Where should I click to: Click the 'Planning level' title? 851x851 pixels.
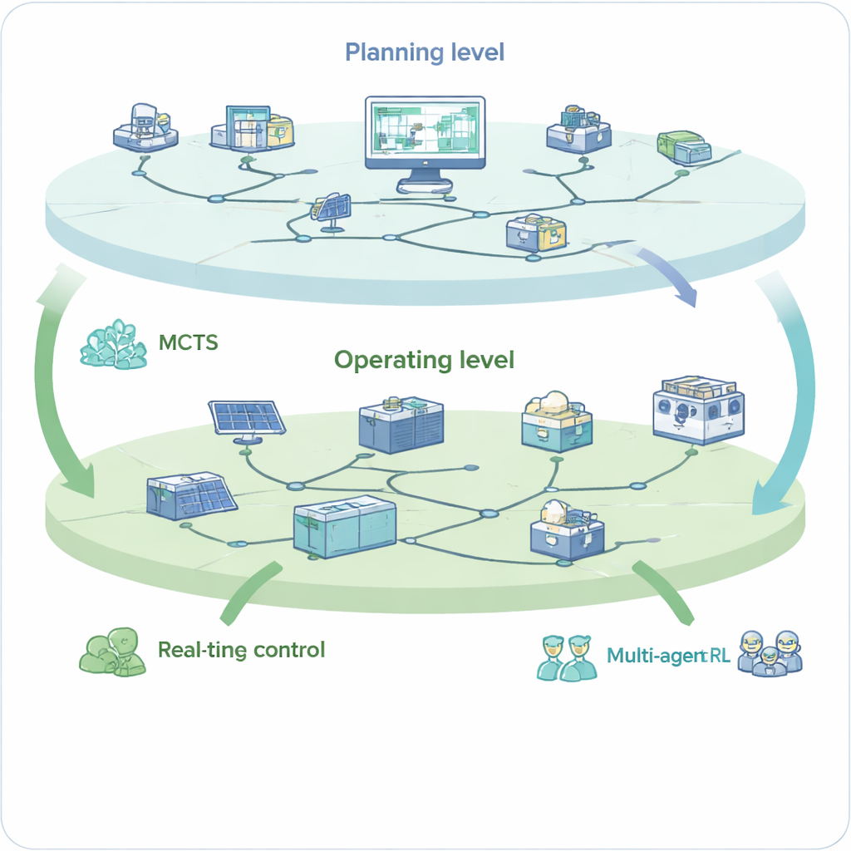tap(424, 52)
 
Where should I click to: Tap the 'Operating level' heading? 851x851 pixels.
tap(424, 360)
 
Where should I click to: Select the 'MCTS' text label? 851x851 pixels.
tap(188, 342)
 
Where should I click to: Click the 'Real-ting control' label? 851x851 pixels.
tap(241, 649)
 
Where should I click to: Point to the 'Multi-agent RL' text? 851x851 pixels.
tap(668, 655)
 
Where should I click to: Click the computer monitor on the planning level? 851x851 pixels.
tap(425, 133)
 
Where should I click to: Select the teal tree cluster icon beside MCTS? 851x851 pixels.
tap(113, 344)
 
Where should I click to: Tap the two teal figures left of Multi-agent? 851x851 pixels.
tap(564, 657)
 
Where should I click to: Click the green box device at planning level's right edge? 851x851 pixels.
tap(684, 146)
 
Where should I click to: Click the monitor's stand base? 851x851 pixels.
tap(425, 186)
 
